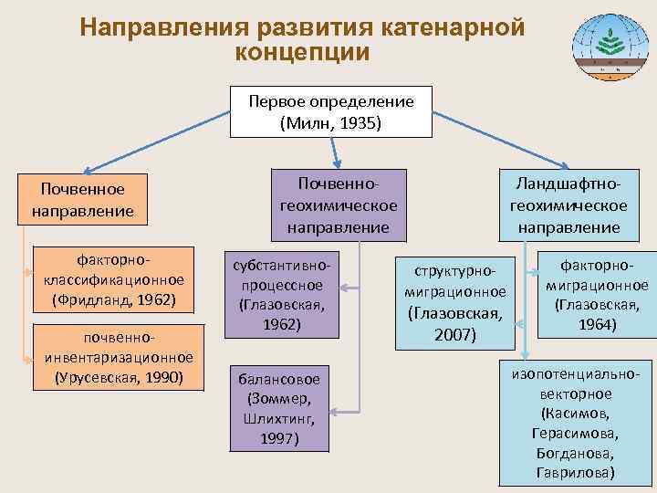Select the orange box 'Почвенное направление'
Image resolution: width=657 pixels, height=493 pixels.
81,199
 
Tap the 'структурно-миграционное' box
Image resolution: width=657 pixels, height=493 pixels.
454,302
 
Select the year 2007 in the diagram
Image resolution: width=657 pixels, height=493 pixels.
455,334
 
